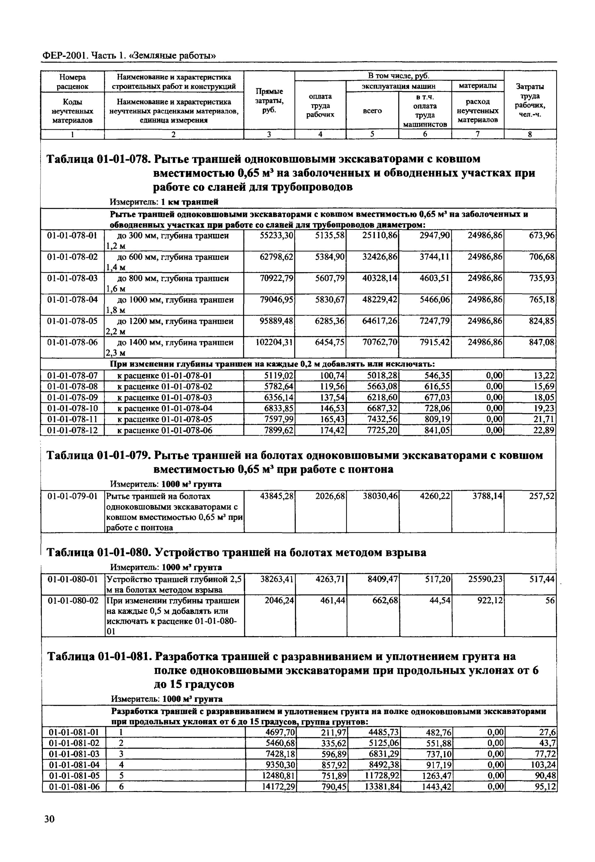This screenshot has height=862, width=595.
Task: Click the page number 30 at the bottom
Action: (49, 829)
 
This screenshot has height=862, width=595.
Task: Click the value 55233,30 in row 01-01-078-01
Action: (277, 236)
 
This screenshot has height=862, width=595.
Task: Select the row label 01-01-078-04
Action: (72, 300)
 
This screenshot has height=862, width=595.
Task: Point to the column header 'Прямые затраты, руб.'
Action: (269, 101)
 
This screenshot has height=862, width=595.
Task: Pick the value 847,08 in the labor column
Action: (542, 342)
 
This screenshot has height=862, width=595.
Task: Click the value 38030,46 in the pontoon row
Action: (380, 496)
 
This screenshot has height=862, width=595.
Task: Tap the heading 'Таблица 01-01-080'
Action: (98, 552)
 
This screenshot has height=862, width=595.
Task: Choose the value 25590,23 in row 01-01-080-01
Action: (485, 579)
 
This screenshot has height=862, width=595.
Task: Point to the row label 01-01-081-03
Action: (74, 754)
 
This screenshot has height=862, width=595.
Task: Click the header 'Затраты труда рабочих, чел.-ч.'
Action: (530, 101)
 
